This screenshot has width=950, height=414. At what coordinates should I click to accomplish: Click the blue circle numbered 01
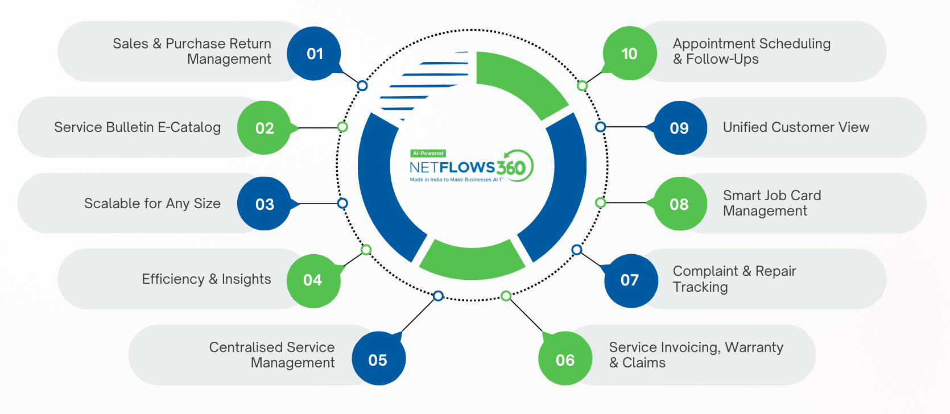point(314,53)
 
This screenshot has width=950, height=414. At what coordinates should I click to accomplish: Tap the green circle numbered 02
point(264,128)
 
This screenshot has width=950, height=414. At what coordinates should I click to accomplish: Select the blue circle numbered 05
point(378,360)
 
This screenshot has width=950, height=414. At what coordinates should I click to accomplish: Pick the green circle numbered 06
point(565,360)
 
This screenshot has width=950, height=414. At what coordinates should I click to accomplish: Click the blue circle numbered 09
point(679,128)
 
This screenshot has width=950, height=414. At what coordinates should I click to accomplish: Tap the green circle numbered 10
point(629,53)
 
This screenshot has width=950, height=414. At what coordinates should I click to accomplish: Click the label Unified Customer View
point(796,127)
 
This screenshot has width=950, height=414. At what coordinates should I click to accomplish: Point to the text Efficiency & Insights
point(206,279)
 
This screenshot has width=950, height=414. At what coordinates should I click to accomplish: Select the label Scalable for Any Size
point(152,204)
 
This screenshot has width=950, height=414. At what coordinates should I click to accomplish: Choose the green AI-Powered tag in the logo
point(428,154)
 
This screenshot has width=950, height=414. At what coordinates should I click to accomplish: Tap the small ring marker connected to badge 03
point(342,203)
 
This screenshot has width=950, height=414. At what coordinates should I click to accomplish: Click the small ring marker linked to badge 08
point(600,202)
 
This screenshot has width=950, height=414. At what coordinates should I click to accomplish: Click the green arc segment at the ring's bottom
point(472,261)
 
